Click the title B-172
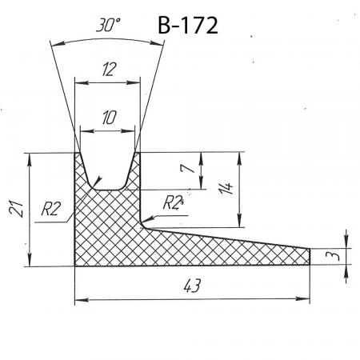(188, 26)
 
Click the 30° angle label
(108, 26)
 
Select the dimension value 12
(109, 70)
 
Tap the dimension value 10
(109, 118)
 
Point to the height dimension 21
(16, 208)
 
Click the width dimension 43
(192, 286)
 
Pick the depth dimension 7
(187, 168)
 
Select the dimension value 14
(226, 188)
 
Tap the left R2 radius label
(51, 209)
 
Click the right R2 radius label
(173, 202)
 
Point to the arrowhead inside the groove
(98, 181)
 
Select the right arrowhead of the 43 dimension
(303, 298)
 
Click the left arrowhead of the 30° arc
(57, 43)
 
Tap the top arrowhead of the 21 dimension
(30, 159)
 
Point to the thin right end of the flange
(310, 257)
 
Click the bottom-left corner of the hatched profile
(75, 266)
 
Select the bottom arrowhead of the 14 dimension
(239, 221)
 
